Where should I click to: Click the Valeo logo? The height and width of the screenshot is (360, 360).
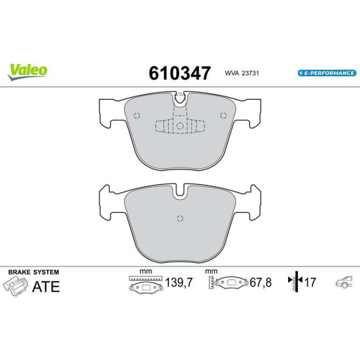click(x=27, y=72)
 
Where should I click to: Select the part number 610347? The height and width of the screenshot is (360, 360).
click(x=180, y=73)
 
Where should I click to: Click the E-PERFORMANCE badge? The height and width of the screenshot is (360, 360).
click(x=327, y=73)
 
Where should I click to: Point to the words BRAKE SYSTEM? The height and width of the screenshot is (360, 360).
click(x=34, y=272)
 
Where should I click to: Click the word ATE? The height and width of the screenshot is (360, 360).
click(x=46, y=287)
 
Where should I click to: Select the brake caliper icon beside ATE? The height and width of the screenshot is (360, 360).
click(x=15, y=286)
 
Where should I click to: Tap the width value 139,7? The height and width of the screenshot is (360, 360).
click(x=179, y=282)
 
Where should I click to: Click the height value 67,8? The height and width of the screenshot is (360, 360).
click(x=260, y=282)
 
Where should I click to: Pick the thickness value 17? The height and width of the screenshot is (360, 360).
click(x=310, y=282)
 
